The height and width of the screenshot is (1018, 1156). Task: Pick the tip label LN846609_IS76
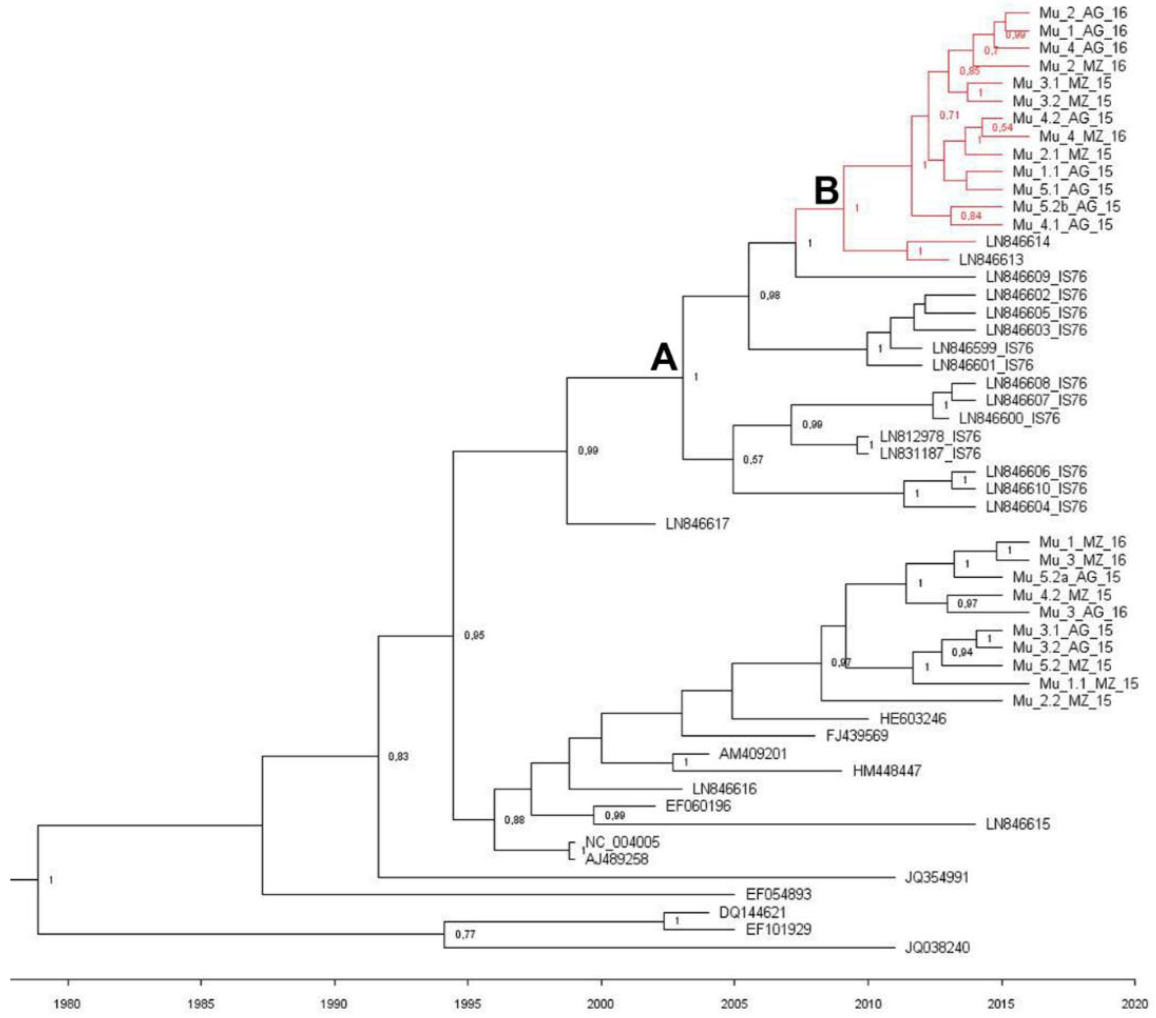[1036, 277]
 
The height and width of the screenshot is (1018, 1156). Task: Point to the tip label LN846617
[697, 524]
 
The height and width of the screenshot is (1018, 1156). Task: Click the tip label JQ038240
[937, 947]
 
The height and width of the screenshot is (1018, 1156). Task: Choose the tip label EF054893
[778, 894]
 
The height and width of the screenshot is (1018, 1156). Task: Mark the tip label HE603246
[913, 719]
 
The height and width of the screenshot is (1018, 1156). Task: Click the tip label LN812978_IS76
[930, 436]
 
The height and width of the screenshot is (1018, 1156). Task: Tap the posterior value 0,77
[465, 935]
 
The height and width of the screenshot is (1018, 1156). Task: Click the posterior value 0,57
[753, 460]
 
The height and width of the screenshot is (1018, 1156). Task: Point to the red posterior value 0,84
[971, 216]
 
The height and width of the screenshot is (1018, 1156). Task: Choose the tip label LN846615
[1017, 824]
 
